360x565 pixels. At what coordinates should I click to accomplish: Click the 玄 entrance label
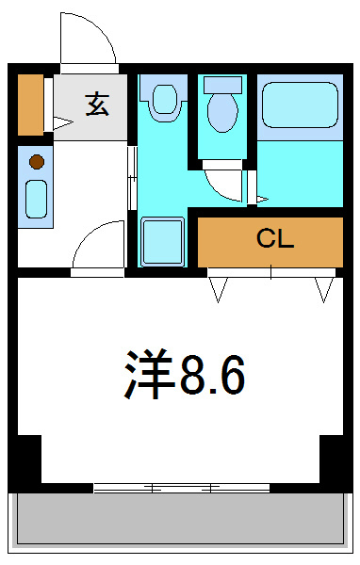click(96, 104)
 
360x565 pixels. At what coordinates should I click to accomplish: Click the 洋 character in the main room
click(149, 375)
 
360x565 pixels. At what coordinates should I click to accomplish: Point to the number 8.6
click(214, 375)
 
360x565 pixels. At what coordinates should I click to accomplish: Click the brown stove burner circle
click(37, 161)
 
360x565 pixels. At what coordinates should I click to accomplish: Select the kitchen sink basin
click(36, 199)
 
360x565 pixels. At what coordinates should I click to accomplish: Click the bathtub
click(300, 105)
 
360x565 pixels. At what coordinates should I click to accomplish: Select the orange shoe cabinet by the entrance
click(30, 103)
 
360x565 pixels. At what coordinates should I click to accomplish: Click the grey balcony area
click(179, 521)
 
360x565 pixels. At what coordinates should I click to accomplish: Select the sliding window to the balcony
click(179, 488)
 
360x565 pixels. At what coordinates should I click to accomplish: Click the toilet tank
click(222, 84)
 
